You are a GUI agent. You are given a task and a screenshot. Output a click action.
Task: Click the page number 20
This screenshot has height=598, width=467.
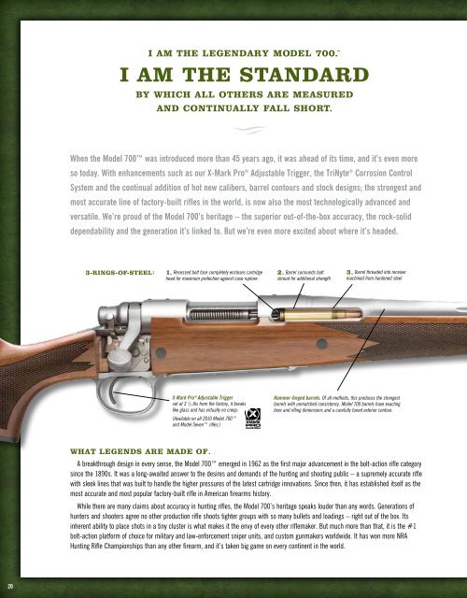pyautogui.click(x=8, y=586)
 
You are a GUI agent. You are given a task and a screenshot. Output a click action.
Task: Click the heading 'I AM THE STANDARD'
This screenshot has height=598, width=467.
pyautogui.click(x=233, y=74)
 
